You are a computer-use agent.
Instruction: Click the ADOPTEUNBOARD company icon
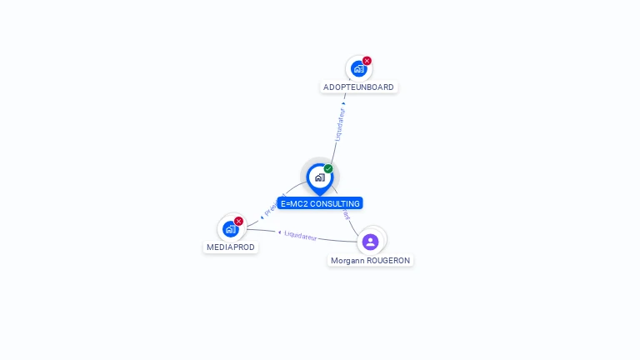358,68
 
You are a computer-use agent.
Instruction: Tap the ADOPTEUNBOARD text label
358,87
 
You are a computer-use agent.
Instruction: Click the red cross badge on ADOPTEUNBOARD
367,61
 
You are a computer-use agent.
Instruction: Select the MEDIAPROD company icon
231,228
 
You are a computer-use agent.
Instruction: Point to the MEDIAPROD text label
231,247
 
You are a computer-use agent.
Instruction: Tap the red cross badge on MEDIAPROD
238,221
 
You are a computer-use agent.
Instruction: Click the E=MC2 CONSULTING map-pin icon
319,177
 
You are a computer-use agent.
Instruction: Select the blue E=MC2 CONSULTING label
320,203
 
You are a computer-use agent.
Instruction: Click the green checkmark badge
328,169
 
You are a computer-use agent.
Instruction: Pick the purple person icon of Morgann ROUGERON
371,242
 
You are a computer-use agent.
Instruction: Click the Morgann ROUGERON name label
370,261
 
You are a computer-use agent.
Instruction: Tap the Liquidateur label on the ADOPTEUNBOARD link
339,123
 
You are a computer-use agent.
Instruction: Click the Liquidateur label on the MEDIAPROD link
301,236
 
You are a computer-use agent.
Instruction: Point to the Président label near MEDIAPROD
274,207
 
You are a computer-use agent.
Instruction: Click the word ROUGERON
388,261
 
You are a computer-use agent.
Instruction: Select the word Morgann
347,261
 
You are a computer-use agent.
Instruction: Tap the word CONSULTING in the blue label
336,203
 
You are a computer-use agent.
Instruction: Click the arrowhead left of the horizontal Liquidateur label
280,232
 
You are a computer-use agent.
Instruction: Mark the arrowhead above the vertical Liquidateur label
343,104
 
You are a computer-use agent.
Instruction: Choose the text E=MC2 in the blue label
292,203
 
